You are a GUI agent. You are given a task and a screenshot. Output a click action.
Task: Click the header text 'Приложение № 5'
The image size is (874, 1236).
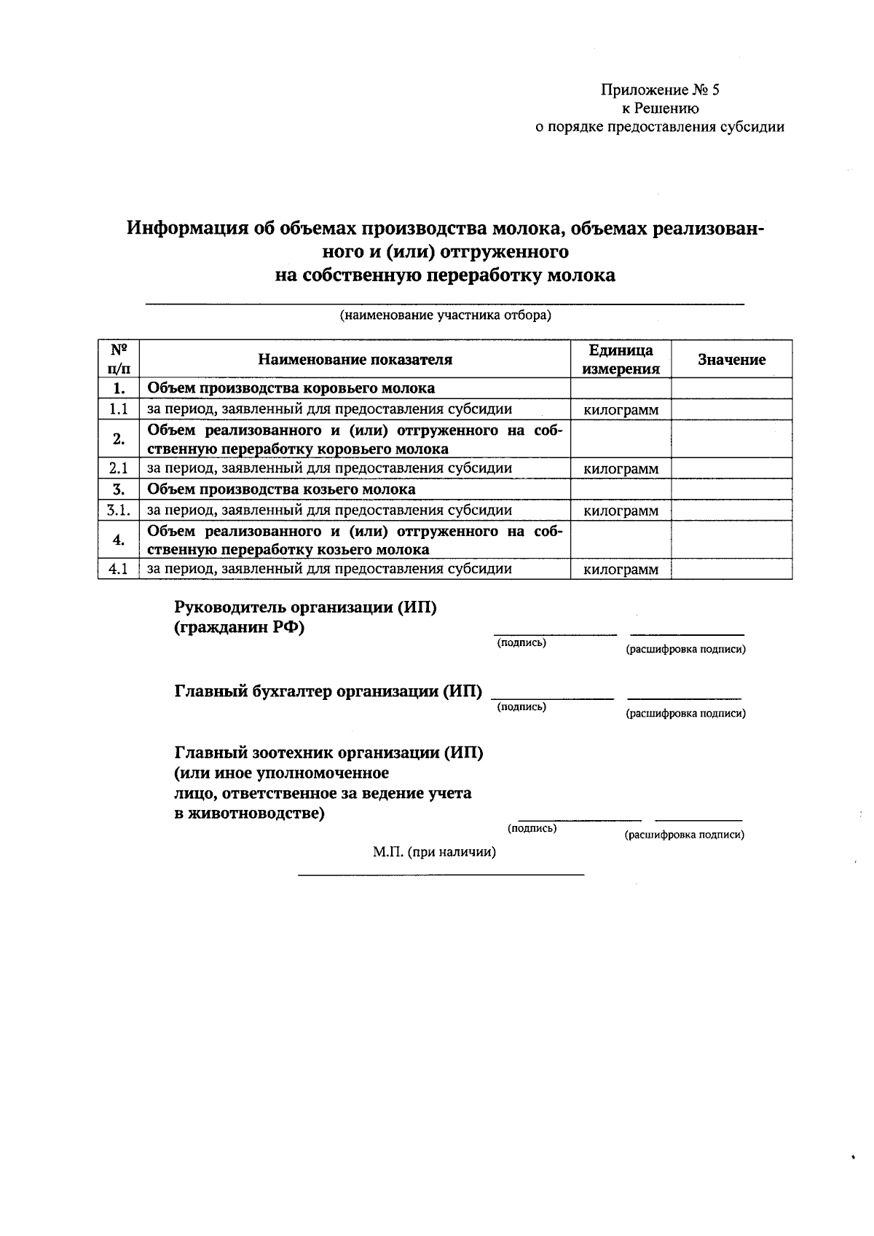(659, 90)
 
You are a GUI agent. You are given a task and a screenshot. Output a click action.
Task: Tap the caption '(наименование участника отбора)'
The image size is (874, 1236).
(444, 316)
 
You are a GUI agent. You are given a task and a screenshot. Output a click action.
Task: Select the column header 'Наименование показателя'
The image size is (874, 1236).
(355, 360)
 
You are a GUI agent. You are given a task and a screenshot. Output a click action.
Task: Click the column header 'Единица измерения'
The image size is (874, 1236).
(621, 360)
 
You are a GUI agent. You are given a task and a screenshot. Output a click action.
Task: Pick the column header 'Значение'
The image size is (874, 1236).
(731, 360)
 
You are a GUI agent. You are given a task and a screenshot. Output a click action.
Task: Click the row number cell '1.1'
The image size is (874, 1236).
(119, 409)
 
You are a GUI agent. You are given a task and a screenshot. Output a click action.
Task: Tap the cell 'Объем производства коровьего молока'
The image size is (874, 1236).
(291, 388)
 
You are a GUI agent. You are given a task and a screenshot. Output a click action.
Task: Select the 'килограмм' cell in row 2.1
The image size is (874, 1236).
(621, 469)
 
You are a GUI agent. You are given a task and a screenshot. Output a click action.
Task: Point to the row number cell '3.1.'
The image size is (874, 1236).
(119, 511)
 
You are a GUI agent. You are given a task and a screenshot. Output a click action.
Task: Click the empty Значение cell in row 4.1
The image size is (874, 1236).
(731, 570)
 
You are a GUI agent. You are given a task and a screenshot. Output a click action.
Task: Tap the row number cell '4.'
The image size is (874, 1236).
(119, 540)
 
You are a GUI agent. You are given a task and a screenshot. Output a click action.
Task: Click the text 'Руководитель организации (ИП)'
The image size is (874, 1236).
(305, 607)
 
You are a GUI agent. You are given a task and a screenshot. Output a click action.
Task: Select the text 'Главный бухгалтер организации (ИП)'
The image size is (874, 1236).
(328, 691)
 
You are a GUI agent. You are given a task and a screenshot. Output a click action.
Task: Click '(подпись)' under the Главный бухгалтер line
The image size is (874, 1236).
(521, 706)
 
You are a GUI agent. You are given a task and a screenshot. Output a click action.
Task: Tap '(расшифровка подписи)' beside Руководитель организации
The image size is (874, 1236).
(686, 649)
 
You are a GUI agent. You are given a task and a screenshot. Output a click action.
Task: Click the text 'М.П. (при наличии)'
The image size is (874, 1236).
(434, 852)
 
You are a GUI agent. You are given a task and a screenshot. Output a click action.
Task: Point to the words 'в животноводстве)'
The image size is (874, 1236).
(250, 814)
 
